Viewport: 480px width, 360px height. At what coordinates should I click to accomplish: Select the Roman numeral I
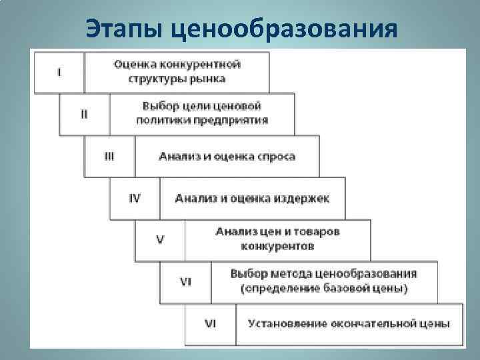click(x=60, y=72)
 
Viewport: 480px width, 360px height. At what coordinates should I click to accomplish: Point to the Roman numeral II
click(x=84, y=114)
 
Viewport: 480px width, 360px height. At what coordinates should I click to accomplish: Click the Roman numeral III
click(x=109, y=156)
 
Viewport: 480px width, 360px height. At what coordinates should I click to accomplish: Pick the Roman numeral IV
click(x=135, y=198)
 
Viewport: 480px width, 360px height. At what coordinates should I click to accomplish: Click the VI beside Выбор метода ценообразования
click(x=185, y=281)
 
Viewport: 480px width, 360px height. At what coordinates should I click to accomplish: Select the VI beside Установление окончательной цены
click(x=210, y=323)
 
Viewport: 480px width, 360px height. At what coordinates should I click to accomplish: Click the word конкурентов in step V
click(x=277, y=245)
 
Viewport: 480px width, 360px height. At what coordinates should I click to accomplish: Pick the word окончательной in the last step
click(x=374, y=323)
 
